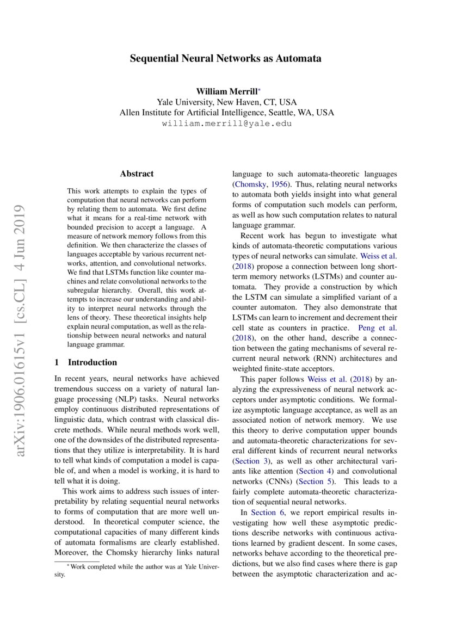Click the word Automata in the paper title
point(298,58)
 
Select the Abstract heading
point(137,174)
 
